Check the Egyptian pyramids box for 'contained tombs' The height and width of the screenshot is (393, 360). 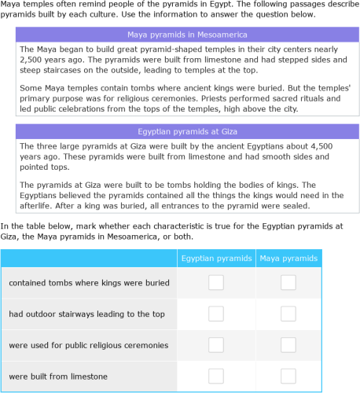coord(216,282)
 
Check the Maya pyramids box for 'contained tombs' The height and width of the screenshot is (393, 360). coord(288,282)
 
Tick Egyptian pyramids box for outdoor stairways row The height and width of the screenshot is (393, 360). coord(216,314)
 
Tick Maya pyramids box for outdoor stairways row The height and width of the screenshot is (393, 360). coord(288,314)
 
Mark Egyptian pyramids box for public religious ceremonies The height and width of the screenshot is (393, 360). coord(216,345)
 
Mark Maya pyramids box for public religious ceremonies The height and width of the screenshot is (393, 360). coord(288,345)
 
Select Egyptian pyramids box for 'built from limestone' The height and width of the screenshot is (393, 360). coord(216,376)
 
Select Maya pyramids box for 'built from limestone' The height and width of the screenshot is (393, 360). coord(288,376)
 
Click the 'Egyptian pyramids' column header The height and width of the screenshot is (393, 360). coord(216,257)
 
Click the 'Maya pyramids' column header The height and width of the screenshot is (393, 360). coord(288,257)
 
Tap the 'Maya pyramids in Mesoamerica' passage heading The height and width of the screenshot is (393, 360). coord(187,35)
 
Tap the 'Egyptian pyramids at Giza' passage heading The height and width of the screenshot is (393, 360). coord(187,131)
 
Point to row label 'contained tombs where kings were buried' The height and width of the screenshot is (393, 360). coord(89,282)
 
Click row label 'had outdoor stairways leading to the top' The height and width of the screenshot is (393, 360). coord(87,314)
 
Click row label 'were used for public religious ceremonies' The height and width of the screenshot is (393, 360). coord(89,345)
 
